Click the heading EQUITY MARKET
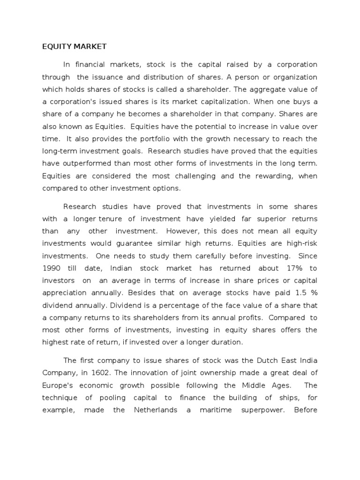(x=75, y=46)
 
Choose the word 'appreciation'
(x=65, y=293)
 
